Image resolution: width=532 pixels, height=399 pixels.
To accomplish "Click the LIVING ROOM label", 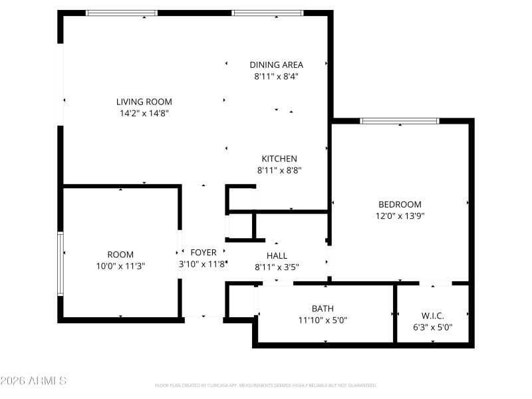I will (x=144, y=102).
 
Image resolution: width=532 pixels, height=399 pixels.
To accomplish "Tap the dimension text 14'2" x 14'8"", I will (x=144, y=114).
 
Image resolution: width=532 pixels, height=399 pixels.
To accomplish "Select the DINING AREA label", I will (x=276, y=65).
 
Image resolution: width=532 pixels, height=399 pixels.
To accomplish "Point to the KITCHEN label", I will (x=279, y=158).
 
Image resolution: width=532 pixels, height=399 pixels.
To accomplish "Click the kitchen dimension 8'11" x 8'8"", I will (x=279, y=170).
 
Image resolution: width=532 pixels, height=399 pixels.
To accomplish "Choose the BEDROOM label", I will (x=400, y=204).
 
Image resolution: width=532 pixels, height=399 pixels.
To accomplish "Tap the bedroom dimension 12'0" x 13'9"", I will (x=400, y=215).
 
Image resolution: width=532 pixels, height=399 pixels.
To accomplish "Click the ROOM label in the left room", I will (x=120, y=254).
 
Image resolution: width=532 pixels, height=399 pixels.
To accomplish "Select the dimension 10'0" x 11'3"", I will (x=120, y=266).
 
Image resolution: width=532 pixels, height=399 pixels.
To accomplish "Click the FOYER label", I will (x=203, y=253).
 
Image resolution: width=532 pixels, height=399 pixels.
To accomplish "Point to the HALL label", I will (x=277, y=255).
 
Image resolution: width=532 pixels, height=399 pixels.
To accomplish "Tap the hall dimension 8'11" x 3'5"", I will (x=277, y=267).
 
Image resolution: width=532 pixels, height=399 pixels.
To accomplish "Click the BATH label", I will (x=323, y=308).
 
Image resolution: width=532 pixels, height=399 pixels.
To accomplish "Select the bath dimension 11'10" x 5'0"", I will (x=323, y=320).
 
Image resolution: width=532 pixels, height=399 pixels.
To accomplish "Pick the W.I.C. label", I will (x=432, y=315).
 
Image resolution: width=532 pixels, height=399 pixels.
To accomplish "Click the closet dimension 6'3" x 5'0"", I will (x=432, y=327).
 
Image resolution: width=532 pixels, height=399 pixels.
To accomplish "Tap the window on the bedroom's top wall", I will (x=400, y=121).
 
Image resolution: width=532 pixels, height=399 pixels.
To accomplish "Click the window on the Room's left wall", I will (x=61, y=263).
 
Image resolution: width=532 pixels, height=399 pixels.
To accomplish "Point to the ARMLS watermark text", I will (x=33, y=381).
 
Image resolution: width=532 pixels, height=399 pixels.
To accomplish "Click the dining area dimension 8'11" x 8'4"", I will (x=276, y=76).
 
